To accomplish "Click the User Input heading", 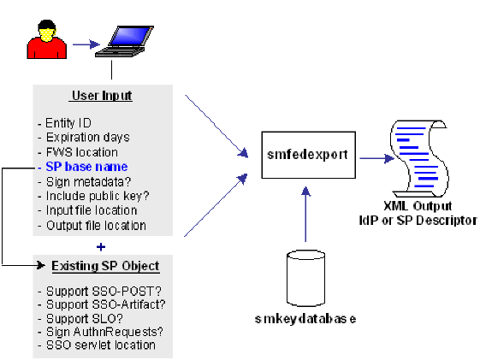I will (x=101, y=95).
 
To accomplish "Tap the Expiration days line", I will (x=84, y=138).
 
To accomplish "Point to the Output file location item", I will (x=93, y=225).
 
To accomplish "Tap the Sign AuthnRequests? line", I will (x=102, y=331).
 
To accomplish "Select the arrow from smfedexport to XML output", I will (x=373, y=157).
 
